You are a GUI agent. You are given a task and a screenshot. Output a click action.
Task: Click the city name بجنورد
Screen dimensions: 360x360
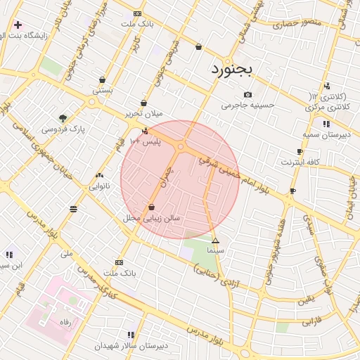point(235,70)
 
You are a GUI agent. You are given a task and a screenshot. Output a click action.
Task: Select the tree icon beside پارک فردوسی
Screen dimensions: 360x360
point(63,118)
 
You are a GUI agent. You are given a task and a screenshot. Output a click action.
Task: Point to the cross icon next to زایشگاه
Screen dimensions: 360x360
point(18,25)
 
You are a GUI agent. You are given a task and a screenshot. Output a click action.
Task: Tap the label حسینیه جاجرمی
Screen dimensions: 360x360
point(247,105)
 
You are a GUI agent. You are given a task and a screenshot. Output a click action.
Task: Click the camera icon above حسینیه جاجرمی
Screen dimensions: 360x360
point(247,95)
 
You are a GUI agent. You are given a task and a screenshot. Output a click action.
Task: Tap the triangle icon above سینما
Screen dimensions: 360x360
point(215,240)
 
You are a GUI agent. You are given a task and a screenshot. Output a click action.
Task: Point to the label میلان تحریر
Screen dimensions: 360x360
point(143,113)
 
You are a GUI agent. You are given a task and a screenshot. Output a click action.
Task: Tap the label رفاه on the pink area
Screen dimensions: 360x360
point(65,321)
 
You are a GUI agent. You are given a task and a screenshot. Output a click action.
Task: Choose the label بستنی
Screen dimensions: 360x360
point(103,91)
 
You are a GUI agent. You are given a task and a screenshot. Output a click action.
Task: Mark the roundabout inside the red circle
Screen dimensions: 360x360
point(181,146)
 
